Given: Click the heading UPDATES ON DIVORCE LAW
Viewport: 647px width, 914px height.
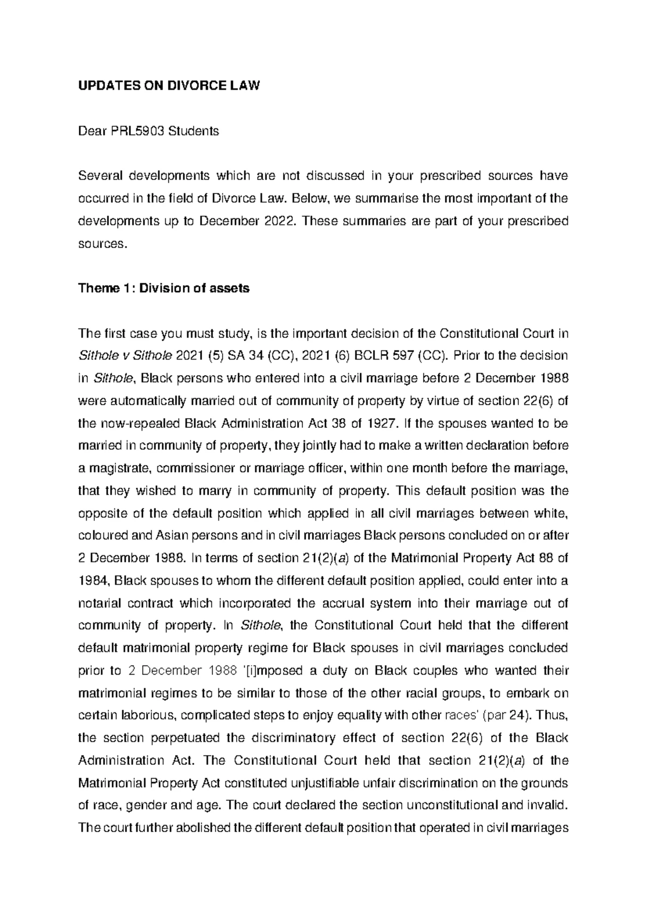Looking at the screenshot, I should tap(169, 86).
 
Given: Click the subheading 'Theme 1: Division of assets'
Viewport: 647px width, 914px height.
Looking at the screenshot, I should tap(164, 288).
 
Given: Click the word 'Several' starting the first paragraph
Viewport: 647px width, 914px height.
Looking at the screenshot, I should tap(97, 176).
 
